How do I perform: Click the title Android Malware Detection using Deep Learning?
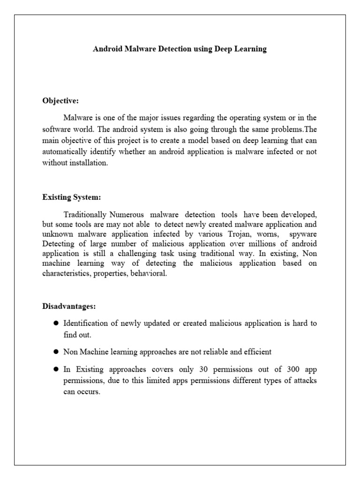180,49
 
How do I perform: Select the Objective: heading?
60,100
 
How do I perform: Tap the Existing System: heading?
72,197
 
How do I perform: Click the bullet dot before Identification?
55,323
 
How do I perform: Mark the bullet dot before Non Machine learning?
55,351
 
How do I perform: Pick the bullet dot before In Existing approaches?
55,369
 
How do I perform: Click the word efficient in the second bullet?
259,351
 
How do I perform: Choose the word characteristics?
65,273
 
